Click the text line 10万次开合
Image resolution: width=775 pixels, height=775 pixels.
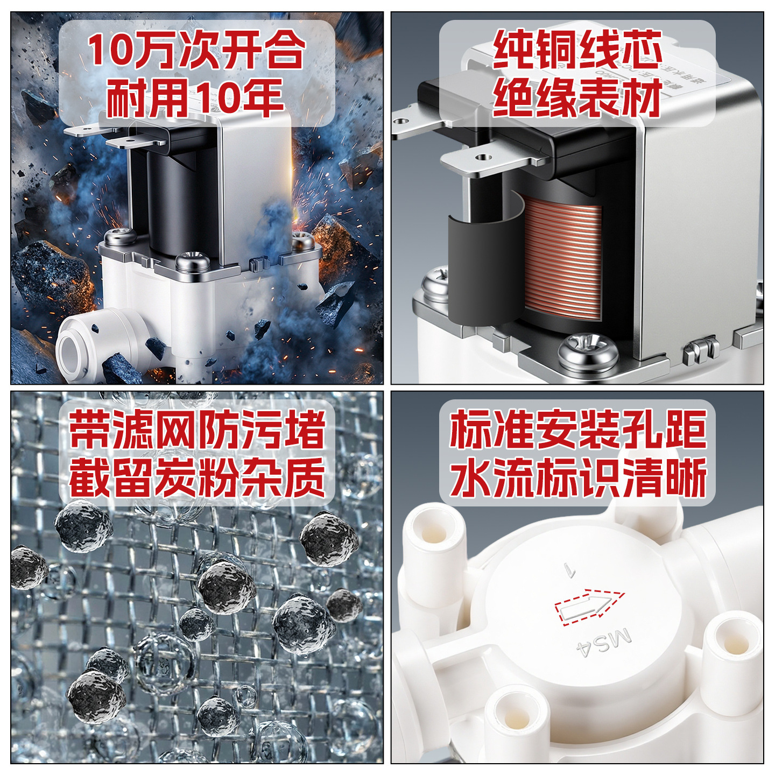click(x=196, y=50)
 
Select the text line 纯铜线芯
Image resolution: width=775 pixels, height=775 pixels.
click(x=577, y=50)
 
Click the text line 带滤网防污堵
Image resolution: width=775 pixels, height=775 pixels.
click(x=197, y=429)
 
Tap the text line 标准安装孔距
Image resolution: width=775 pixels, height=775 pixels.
click(x=578, y=429)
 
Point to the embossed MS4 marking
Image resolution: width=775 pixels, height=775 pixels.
click(x=604, y=643)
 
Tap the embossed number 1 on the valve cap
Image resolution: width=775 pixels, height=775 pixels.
click(x=569, y=569)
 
